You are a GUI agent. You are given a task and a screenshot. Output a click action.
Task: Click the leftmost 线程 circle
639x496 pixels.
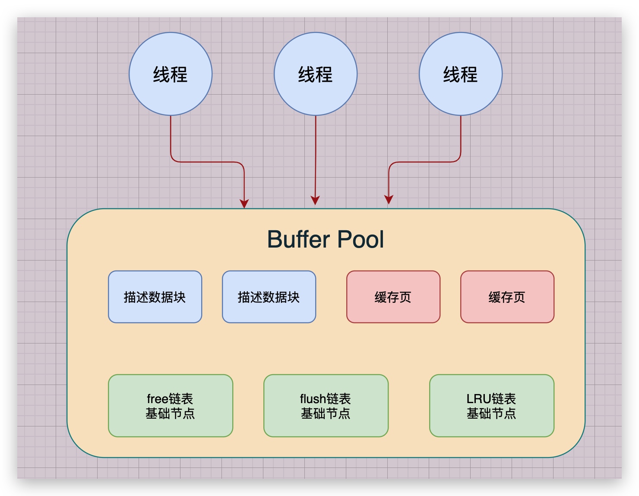click(x=171, y=74)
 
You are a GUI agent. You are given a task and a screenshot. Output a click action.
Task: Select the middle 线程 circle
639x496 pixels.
click(x=316, y=74)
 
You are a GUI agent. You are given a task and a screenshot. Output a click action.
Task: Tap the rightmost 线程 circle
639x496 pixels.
click(x=461, y=74)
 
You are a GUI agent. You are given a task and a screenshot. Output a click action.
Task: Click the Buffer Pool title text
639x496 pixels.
click(x=325, y=239)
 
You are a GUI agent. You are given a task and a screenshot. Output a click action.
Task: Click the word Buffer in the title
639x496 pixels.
click(x=298, y=239)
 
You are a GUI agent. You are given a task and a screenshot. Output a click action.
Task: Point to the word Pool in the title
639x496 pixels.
click(x=361, y=239)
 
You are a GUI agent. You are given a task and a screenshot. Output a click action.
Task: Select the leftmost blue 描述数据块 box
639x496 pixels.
click(x=155, y=297)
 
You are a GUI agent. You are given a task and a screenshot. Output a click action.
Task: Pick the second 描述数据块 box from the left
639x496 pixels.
click(x=269, y=297)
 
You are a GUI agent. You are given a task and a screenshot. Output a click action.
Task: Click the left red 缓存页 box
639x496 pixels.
click(x=393, y=297)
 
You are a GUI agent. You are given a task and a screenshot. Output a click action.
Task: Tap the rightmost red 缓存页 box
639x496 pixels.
click(x=507, y=297)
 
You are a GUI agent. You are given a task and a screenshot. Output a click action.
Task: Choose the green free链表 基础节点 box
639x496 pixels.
click(x=171, y=406)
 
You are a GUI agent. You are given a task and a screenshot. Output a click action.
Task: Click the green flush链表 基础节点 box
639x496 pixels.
click(x=326, y=406)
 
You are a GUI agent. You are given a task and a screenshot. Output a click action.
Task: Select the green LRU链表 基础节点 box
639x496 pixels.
click(x=492, y=406)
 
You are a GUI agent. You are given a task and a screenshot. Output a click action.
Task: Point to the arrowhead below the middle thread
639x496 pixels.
click(x=315, y=200)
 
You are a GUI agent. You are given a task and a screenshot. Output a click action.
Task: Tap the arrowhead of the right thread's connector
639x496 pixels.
click(x=389, y=200)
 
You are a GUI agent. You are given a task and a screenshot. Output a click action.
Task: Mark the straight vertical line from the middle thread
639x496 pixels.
click(x=316, y=156)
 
